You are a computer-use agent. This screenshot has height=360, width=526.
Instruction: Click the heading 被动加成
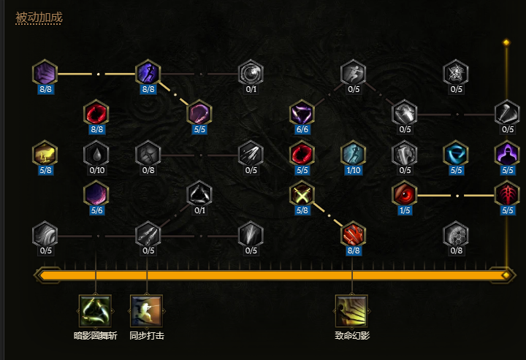[x=39, y=17]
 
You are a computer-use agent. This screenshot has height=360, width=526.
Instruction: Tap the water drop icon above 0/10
[x=96, y=153]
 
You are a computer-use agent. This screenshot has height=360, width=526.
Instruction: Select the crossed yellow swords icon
[x=302, y=194]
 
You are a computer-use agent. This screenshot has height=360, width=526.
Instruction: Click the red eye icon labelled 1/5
[x=404, y=194]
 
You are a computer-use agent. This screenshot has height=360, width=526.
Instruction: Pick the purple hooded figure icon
[x=507, y=153]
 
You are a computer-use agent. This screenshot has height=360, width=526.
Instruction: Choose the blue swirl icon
[x=456, y=153]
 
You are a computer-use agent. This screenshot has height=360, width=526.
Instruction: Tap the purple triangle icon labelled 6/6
[x=302, y=113]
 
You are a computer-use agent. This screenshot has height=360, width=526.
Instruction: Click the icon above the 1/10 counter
[x=353, y=153]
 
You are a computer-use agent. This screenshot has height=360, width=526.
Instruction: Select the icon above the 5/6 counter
[x=96, y=194]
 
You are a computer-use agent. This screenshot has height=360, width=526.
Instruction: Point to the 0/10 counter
[x=96, y=170]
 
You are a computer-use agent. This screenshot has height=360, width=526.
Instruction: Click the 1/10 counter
[x=353, y=170]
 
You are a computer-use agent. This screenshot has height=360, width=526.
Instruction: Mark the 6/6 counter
[x=302, y=130]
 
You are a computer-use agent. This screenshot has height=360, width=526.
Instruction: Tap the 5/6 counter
[x=96, y=211]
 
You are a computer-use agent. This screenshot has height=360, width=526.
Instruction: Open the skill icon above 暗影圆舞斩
[x=96, y=311]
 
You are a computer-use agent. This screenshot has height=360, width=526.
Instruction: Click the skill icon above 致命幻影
[x=352, y=311]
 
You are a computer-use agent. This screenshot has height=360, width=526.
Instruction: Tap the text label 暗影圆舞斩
[x=96, y=336]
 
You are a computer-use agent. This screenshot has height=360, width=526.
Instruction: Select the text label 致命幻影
[x=352, y=336]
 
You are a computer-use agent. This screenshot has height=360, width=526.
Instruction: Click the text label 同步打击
[x=147, y=336]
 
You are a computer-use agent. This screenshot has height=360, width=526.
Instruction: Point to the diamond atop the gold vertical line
[x=506, y=42]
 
